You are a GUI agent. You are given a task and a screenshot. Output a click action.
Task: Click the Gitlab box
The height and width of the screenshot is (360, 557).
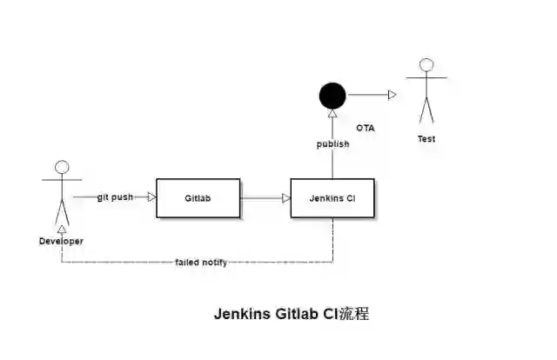[x=198, y=197]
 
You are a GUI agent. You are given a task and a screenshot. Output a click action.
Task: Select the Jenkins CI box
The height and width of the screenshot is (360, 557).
[x=332, y=197]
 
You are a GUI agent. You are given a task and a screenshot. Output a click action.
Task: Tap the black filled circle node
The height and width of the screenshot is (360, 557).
[x=332, y=94]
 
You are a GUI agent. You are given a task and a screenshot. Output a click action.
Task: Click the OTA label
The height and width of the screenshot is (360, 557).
[x=366, y=128]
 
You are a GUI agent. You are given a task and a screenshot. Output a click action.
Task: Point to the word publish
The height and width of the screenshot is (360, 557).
[x=332, y=144]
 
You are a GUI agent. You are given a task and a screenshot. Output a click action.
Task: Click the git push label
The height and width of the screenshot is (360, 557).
[x=115, y=197]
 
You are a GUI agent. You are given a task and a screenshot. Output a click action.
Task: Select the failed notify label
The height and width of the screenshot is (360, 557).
[x=201, y=262]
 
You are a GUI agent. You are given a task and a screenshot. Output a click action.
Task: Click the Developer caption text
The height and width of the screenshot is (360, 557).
[x=61, y=241]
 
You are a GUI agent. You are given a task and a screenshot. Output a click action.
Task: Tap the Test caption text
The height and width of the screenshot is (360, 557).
[x=426, y=139]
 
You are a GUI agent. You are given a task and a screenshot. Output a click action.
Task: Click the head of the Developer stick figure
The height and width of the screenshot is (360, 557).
[x=62, y=168]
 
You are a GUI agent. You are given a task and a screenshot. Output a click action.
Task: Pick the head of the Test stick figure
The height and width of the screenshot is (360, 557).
[x=426, y=65]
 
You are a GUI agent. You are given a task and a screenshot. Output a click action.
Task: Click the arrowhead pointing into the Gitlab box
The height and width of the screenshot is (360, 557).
[x=151, y=197]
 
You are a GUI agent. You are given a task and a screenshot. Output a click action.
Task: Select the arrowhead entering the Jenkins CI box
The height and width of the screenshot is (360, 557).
[x=285, y=197]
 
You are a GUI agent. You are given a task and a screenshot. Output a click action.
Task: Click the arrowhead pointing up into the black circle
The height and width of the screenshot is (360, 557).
[x=332, y=114]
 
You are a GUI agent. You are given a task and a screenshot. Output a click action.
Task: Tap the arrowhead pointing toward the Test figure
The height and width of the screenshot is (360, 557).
[x=393, y=94]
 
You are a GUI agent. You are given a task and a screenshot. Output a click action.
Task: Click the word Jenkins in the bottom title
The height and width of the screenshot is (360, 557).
[x=243, y=314]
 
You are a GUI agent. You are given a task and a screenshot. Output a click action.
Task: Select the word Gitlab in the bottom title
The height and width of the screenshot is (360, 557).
[x=298, y=314]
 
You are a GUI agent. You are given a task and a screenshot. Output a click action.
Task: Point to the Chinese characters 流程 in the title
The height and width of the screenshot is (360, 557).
[x=354, y=314]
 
